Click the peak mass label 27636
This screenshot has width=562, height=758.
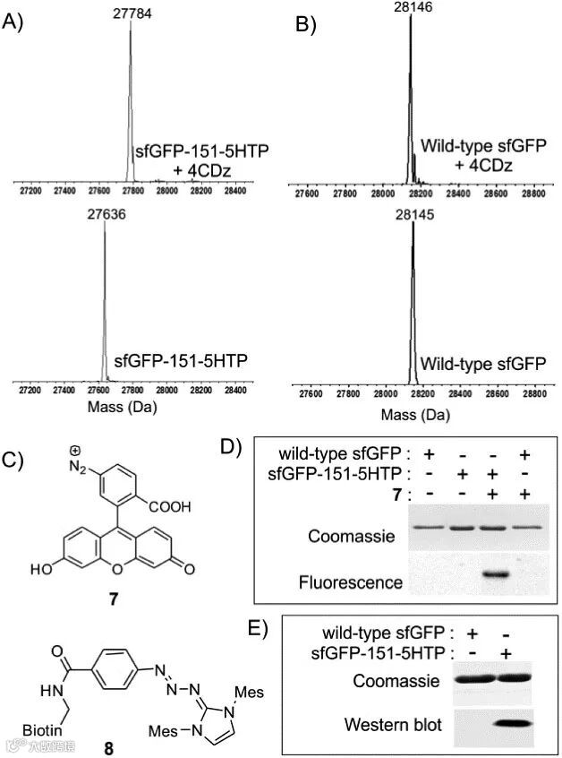(105, 215)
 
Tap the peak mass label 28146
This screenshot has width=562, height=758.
(411, 6)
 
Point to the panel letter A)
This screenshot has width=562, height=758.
(15, 24)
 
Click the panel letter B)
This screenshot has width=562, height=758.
(307, 24)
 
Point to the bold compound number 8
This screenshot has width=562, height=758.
(108, 746)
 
